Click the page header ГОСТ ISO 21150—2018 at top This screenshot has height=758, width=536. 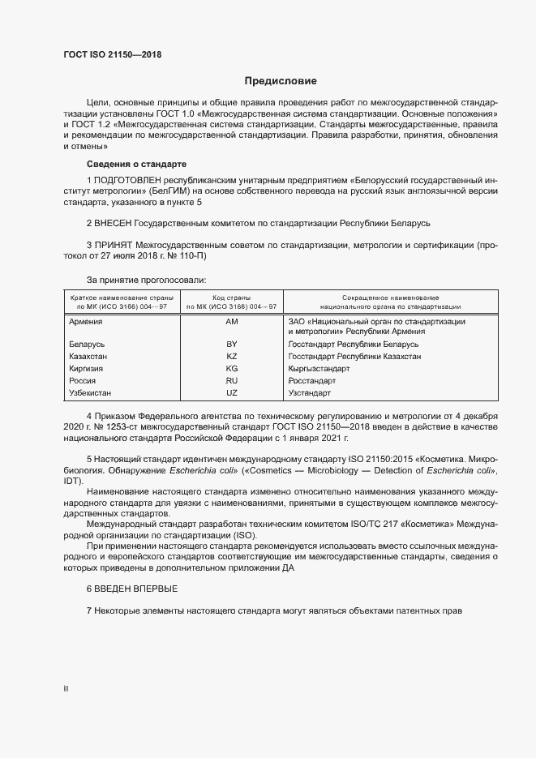[118, 54]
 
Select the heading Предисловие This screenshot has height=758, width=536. [281, 81]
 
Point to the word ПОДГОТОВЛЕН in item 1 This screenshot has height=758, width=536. [128, 178]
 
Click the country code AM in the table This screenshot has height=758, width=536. [231, 322]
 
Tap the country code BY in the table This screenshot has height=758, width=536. [231, 345]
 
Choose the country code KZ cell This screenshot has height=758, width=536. [231, 357]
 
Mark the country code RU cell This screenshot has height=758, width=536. [231, 381]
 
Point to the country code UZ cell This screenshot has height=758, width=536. [231, 393]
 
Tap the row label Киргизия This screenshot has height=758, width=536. [88, 369]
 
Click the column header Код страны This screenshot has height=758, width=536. [231, 298]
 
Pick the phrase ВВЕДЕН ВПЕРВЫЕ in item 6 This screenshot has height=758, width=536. [136, 588]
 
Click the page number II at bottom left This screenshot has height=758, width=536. [66, 688]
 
